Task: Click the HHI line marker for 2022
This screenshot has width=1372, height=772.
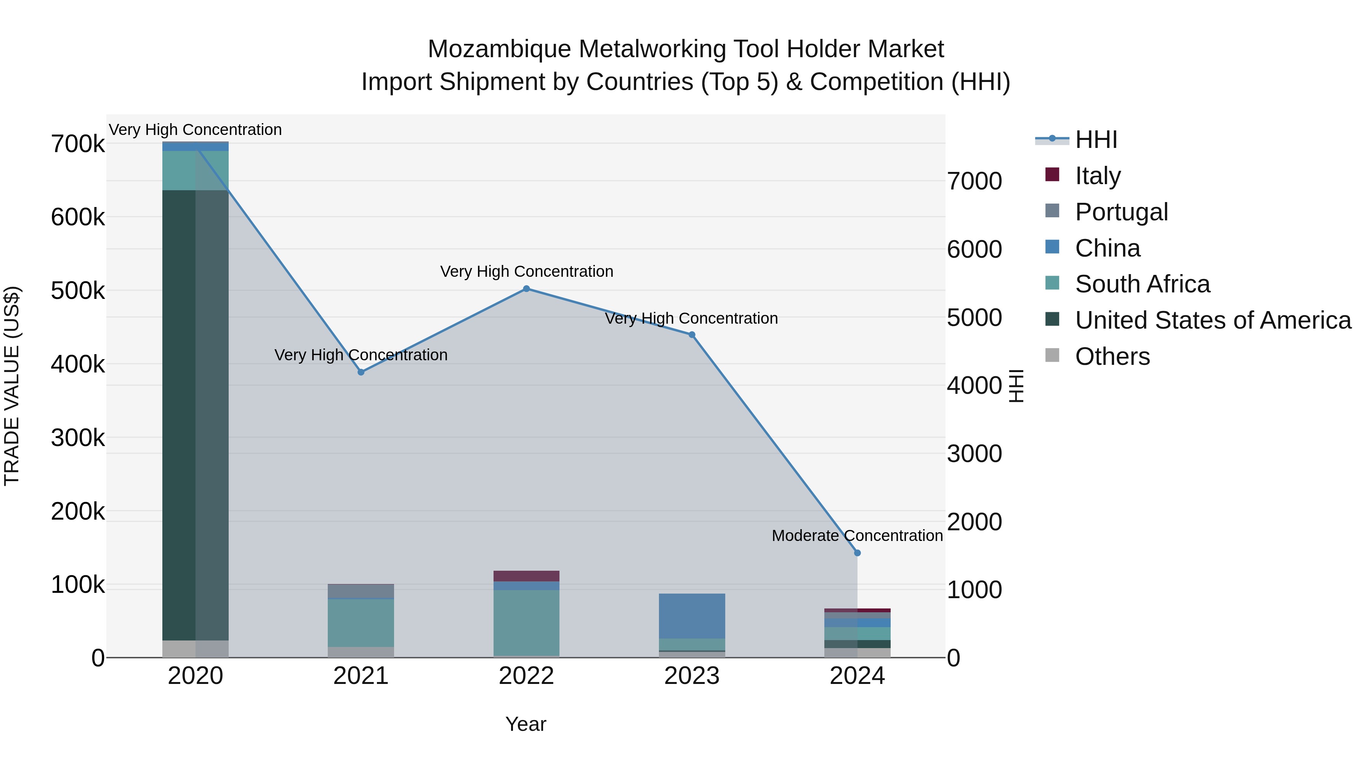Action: click(x=526, y=289)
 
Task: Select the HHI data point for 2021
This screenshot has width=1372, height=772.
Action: click(x=361, y=372)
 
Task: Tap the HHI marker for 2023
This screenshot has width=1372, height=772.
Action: click(x=692, y=335)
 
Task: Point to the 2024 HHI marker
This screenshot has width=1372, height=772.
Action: click(x=857, y=553)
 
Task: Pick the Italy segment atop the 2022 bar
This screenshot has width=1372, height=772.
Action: click(x=526, y=576)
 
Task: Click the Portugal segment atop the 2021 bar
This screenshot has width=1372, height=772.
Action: click(x=361, y=591)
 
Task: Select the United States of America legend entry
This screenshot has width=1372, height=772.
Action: click(x=1212, y=320)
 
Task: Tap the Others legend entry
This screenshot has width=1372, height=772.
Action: click(x=1112, y=356)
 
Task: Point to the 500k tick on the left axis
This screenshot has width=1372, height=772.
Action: click(x=78, y=291)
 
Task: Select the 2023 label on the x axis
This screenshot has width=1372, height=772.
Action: click(x=692, y=676)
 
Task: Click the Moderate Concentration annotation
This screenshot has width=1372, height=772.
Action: click(x=857, y=536)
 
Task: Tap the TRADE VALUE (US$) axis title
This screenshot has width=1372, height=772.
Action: click(x=12, y=386)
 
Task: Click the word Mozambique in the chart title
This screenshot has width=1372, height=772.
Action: click(x=498, y=49)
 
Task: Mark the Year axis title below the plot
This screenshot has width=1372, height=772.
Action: click(x=526, y=724)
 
